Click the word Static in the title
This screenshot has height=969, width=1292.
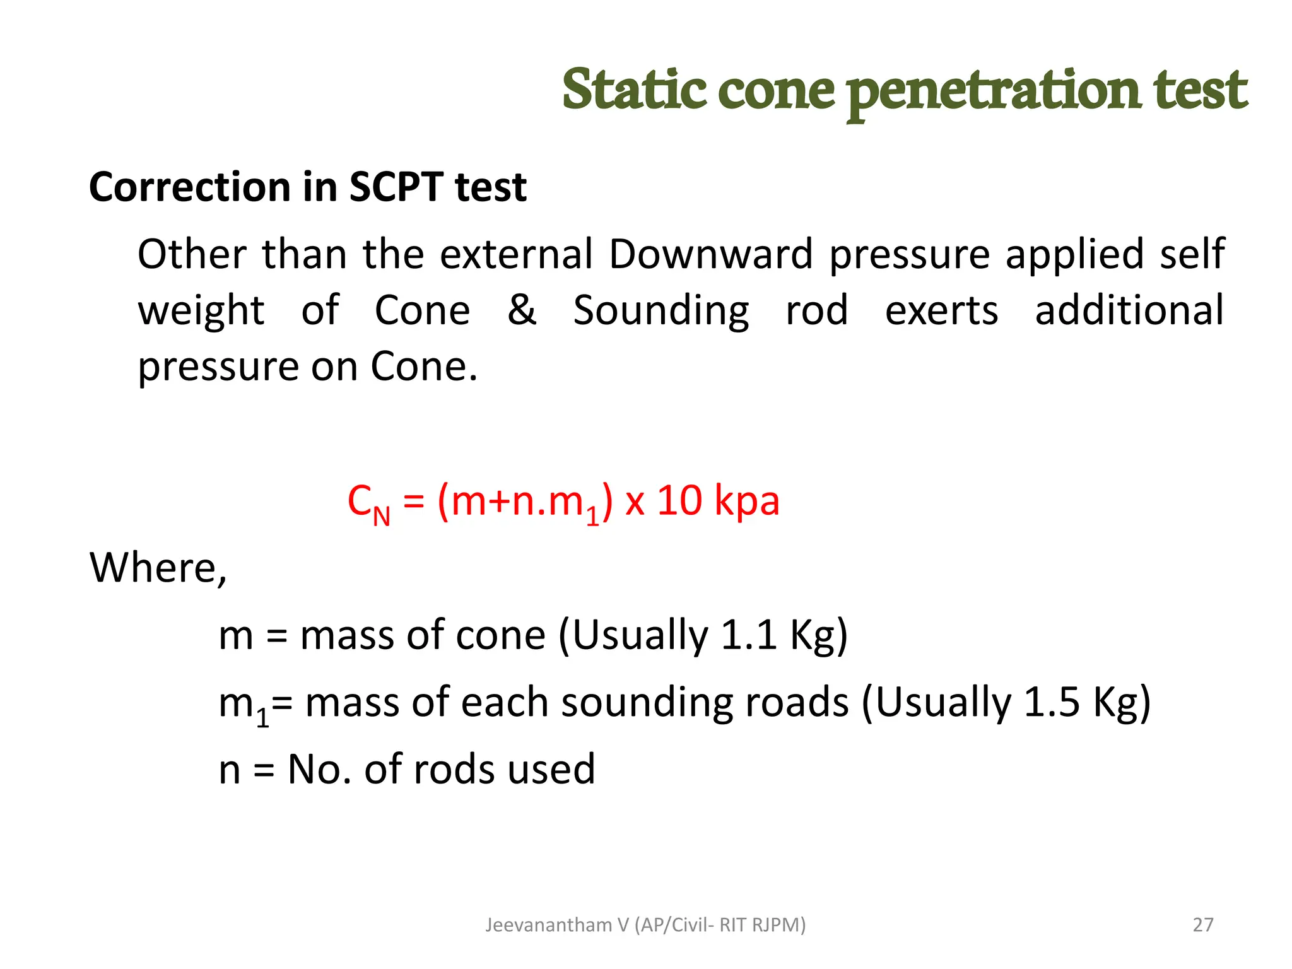(x=634, y=90)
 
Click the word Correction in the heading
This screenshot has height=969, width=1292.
(x=190, y=187)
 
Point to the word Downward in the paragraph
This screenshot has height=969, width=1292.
(x=710, y=254)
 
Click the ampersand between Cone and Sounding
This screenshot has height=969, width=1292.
(x=522, y=310)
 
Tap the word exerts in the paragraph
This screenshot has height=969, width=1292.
(x=941, y=311)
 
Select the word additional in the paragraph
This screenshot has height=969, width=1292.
(x=1129, y=310)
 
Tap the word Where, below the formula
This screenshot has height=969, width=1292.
(x=158, y=568)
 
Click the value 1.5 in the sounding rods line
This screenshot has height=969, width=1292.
(x=1051, y=702)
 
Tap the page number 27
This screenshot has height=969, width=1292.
(x=1202, y=925)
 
